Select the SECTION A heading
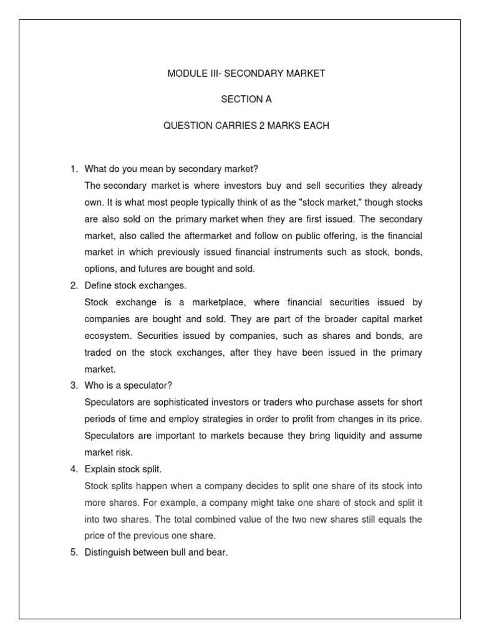pyautogui.click(x=246, y=100)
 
